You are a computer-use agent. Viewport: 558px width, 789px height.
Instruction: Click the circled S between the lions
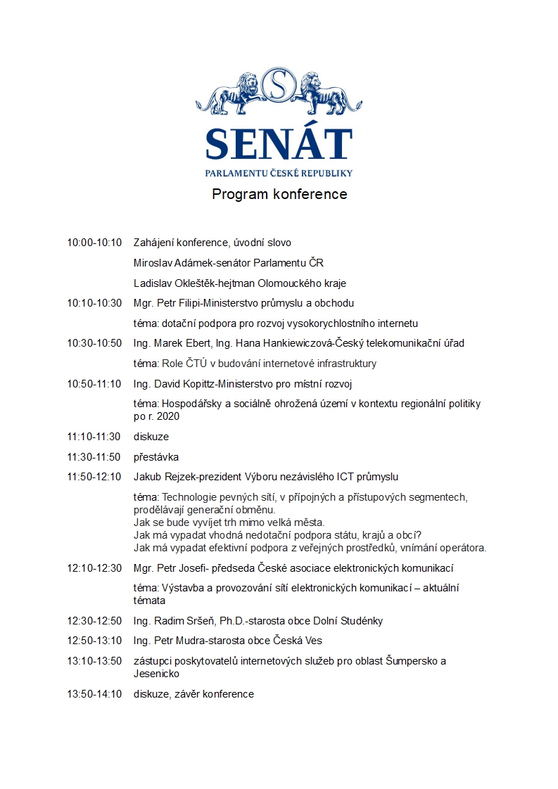click(x=279, y=86)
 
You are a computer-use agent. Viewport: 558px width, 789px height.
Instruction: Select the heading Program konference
click(x=279, y=194)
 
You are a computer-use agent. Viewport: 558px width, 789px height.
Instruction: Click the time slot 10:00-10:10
click(x=94, y=243)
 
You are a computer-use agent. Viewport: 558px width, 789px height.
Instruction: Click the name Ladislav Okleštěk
click(x=175, y=283)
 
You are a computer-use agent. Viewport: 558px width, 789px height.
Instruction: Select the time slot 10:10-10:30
click(x=94, y=303)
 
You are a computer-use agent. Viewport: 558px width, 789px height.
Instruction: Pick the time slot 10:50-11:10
click(x=94, y=384)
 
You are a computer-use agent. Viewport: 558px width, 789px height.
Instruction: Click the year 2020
click(x=168, y=416)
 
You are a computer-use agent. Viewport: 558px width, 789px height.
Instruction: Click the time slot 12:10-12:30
click(x=94, y=567)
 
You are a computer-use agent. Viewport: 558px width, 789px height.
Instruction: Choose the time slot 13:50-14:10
click(x=94, y=694)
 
